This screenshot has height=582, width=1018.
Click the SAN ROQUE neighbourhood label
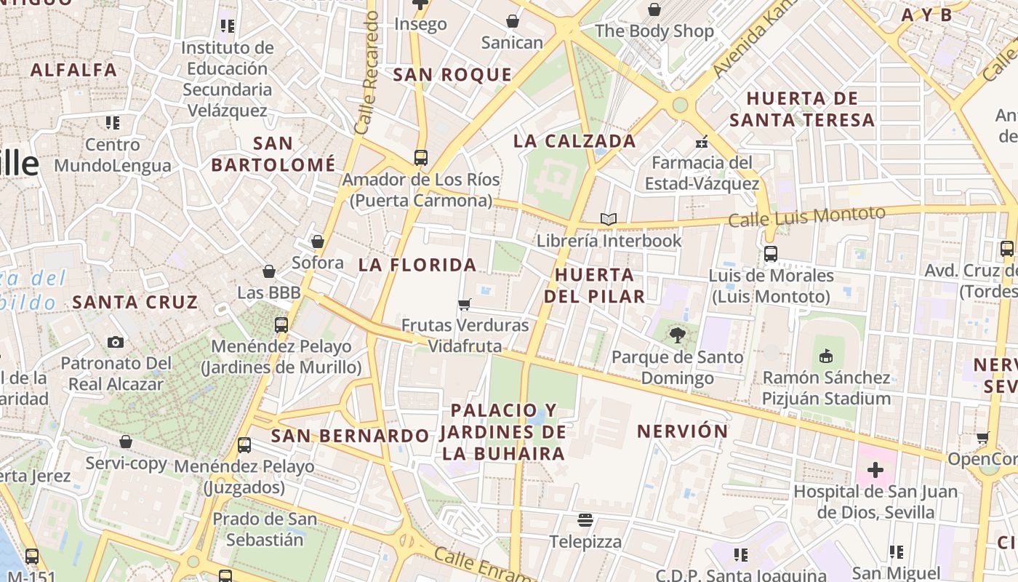coord(452,74)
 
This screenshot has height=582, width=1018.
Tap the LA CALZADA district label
coord(574,141)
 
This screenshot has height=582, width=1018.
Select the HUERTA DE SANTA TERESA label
coord(802,109)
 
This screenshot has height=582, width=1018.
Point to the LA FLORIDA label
coord(417,265)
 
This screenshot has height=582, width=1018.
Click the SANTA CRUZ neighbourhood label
coord(135,302)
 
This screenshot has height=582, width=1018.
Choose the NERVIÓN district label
coord(682,431)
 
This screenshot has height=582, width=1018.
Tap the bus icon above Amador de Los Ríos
coord(420,157)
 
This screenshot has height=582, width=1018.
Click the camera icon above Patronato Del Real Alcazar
coord(116,342)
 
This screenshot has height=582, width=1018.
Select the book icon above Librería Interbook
coord(609,219)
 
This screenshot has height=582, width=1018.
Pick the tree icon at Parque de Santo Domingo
coord(678,335)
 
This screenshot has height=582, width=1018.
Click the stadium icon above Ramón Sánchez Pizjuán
coord(825,356)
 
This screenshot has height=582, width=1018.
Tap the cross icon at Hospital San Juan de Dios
coord(875,470)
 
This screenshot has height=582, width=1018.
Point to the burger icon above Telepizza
coord(585,520)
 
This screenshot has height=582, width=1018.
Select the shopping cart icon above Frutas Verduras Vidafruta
coord(465,304)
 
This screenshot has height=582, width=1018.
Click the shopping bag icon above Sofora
coord(317,242)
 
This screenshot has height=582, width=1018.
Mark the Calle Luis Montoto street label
coord(806,217)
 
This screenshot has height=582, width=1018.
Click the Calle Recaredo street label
coord(367,73)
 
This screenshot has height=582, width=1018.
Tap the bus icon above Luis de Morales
coord(770,254)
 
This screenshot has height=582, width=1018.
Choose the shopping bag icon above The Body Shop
coord(654,9)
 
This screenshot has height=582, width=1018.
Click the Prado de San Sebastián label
coord(265,530)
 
